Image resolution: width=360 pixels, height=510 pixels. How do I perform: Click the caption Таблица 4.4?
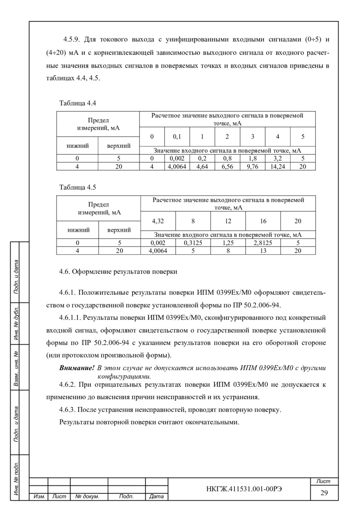click(78, 103)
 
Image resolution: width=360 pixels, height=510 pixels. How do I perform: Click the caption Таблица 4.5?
click(78, 187)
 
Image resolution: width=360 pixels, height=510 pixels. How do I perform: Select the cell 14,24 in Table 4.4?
click(278, 167)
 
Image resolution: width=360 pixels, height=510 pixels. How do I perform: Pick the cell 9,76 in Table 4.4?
click(252, 167)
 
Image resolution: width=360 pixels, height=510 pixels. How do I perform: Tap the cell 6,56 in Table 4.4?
click(227, 167)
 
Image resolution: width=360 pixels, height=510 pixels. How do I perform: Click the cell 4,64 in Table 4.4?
click(202, 167)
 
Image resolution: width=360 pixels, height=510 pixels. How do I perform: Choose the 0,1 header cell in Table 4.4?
click(177, 137)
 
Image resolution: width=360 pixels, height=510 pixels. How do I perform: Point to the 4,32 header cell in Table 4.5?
click(158, 221)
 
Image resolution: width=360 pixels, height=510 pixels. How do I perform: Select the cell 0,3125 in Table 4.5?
click(193, 243)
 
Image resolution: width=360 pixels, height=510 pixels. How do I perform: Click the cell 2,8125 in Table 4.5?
click(263, 243)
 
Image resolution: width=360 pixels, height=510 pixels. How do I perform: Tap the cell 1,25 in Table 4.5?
click(228, 243)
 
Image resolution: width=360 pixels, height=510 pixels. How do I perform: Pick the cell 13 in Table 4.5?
click(263, 251)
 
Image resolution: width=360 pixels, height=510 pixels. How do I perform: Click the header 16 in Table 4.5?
click(263, 221)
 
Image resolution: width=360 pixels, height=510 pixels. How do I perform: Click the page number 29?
click(324, 493)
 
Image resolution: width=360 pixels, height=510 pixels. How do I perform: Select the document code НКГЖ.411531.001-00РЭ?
click(238, 489)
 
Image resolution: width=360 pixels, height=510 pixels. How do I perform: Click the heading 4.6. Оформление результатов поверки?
click(118, 271)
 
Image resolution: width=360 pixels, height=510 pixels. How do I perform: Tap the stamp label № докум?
click(87, 497)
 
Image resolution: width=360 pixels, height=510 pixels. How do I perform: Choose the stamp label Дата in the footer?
click(156, 497)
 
